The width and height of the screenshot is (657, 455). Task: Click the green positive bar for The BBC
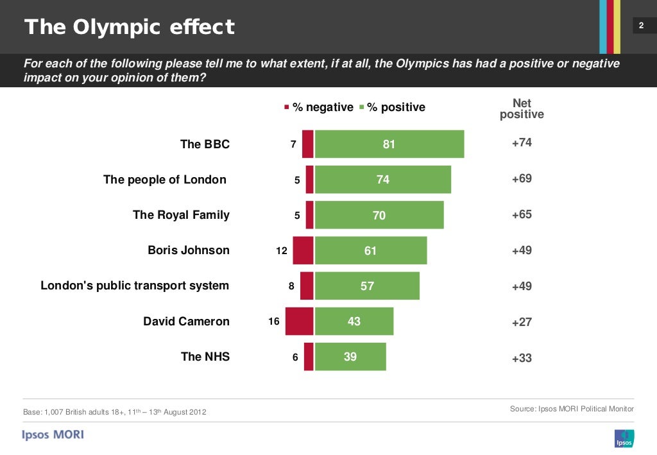pyautogui.click(x=389, y=144)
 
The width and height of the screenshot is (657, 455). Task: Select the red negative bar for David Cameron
pyautogui.click(x=299, y=321)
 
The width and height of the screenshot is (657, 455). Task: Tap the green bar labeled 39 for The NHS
pyautogui.click(x=350, y=357)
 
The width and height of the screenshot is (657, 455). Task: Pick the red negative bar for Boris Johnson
pyautogui.click(x=303, y=250)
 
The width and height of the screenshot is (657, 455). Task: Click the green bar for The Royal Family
pyautogui.click(x=379, y=215)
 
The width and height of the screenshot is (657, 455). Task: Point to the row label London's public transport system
pyautogui.click(x=135, y=286)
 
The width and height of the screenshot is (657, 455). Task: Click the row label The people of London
pyautogui.click(x=165, y=180)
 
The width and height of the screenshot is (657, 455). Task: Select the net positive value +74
pyautogui.click(x=522, y=142)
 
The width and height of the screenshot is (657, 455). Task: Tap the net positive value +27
pyautogui.click(x=522, y=322)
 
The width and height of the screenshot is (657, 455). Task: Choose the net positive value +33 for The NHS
pyautogui.click(x=522, y=358)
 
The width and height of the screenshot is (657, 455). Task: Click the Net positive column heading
pyautogui.click(x=522, y=109)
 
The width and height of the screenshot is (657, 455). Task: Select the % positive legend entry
pyautogui.click(x=392, y=107)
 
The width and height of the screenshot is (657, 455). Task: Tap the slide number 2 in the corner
pyautogui.click(x=640, y=26)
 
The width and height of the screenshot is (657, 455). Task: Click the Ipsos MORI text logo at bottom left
pyautogui.click(x=53, y=434)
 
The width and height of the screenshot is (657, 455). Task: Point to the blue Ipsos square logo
pyautogui.click(x=624, y=438)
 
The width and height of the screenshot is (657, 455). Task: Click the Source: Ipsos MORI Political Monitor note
pyautogui.click(x=572, y=409)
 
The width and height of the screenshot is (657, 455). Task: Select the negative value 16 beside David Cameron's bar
pyautogui.click(x=274, y=322)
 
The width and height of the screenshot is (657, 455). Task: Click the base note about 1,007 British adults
pyautogui.click(x=115, y=411)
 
